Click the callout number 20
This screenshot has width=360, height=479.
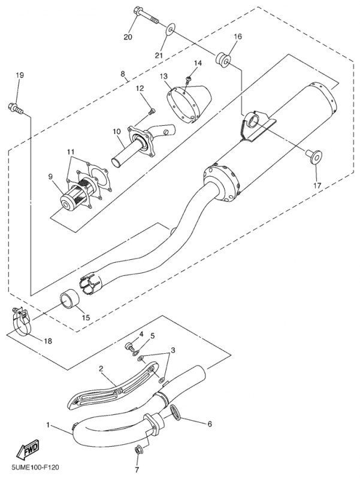127,37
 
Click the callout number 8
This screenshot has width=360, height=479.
123,74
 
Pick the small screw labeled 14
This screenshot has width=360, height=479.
189,77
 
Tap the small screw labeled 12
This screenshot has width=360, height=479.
152,110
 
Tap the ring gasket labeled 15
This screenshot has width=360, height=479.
68,298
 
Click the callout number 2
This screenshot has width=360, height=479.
102,369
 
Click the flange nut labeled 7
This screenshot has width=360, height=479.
137,449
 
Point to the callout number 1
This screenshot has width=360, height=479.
48,425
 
